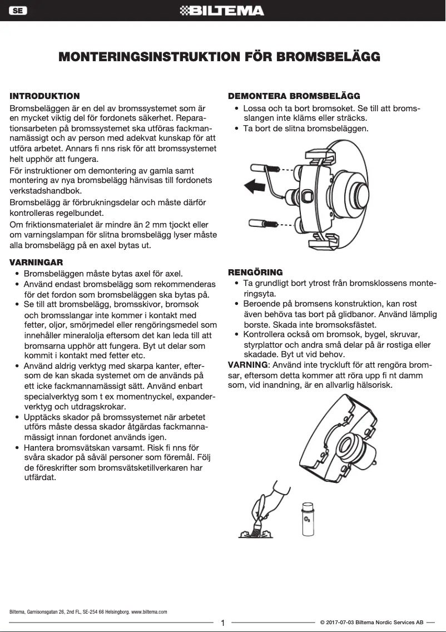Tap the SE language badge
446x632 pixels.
(18, 11)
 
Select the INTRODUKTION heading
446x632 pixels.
(45, 96)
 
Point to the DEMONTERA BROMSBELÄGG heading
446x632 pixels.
(294, 96)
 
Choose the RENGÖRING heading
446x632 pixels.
(255, 272)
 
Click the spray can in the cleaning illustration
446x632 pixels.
(307, 519)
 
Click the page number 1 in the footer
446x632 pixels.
(222, 623)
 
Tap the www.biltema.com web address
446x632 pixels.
(149, 611)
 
